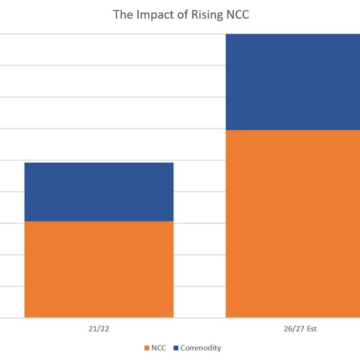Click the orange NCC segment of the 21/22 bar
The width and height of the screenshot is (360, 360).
coord(99,269)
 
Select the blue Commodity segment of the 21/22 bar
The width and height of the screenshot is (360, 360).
coord(99,192)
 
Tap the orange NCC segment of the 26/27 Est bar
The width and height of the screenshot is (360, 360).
coord(293,223)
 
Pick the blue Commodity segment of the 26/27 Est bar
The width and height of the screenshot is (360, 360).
coord(293,82)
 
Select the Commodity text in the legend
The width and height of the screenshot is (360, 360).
coord(200,348)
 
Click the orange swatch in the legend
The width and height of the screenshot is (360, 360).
coord(147,348)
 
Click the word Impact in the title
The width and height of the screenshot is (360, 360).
coord(152,14)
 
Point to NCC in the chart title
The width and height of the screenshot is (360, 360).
coord(236,14)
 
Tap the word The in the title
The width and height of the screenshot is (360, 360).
coord(122,14)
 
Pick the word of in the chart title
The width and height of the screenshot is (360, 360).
coord(179,14)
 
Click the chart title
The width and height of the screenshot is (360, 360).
coord(180,14)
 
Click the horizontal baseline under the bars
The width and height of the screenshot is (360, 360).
coord(198,317)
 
